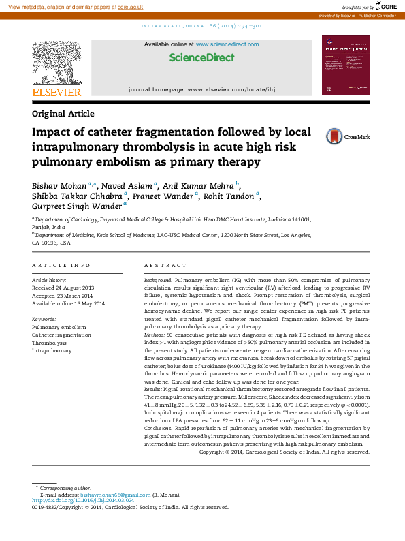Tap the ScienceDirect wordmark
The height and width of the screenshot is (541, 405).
pyautogui.click(x=201, y=58)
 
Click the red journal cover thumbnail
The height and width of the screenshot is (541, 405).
pyautogui.click(x=346, y=65)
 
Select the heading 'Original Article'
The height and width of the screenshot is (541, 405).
pyautogui.click(x=63, y=114)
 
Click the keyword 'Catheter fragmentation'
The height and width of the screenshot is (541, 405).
pyautogui.click(x=61, y=335)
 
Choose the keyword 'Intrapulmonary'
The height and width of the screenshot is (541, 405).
pyautogui.click(x=52, y=350)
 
